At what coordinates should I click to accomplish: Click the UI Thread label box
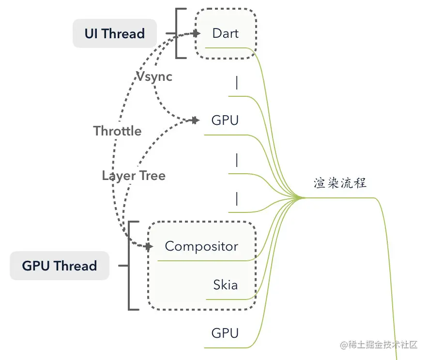[115, 33]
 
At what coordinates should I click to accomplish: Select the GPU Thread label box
[60, 266]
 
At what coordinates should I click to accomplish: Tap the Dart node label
[226, 33]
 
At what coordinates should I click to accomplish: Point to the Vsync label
[154, 76]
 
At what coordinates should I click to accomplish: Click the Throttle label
[118, 131]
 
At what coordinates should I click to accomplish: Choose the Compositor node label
[201, 246]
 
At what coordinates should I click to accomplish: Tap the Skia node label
[226, 285]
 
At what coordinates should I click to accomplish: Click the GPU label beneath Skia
[225, 333]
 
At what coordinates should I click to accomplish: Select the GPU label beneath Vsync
[225, 120]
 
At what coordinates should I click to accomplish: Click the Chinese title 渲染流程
[340, 183]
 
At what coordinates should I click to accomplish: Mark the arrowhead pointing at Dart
[196, 33]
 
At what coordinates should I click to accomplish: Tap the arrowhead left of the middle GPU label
[196, 120]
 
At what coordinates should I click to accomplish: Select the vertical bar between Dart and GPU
[237, 83]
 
